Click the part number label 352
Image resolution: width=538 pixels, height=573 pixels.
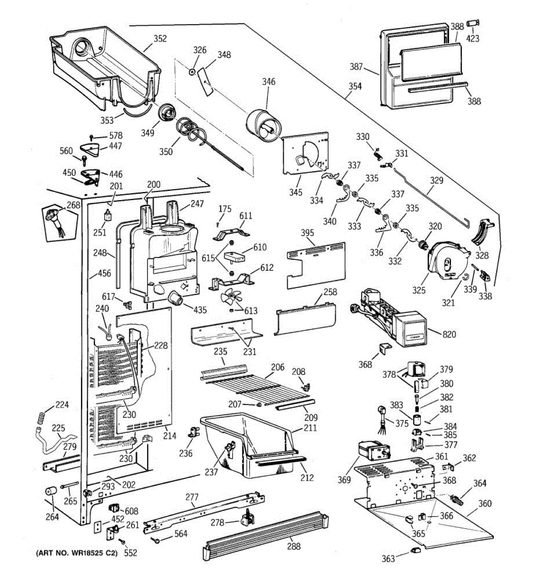(x=160, y=39)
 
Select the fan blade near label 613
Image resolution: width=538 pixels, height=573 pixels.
(x=231, y=297)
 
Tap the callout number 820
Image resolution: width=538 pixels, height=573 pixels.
(x=449, y=334)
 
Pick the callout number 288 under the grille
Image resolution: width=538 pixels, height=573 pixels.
(x=294, y=546)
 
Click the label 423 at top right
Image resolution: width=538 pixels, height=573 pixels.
(x=472, y=38)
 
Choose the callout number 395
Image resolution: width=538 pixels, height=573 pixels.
(x=307, y=233)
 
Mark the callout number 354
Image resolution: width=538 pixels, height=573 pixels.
(x=355, y=86)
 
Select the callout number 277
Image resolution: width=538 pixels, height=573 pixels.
(x=192, y=497)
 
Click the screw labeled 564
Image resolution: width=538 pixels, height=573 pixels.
(x=156, y=540)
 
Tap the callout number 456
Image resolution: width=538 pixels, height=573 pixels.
(x=104, y=273)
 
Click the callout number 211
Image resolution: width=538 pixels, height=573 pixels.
(x=310, y=427)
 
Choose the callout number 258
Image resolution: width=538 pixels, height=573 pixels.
(x=330, y=292)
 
